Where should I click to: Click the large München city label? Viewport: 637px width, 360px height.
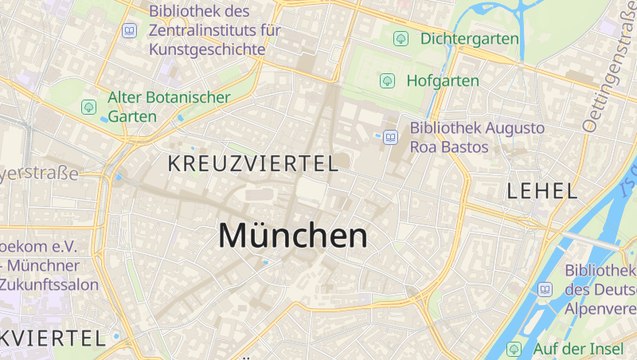click(293, 236)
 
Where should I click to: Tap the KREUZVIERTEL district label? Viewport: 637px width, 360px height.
click(253, 164)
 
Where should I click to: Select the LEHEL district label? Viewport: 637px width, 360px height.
click(542, 190)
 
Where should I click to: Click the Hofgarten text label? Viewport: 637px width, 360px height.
click(443, 80)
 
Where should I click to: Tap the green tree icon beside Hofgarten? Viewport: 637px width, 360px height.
click(387, 80)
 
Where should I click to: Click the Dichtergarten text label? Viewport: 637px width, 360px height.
click(469, 38)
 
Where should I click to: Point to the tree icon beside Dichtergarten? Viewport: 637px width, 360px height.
click(401, 38)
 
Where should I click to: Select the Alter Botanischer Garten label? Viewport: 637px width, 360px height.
click(169, 107)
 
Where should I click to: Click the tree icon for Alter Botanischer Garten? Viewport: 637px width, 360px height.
click(88, 107)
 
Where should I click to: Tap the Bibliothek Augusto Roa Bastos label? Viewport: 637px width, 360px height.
click(477, 137)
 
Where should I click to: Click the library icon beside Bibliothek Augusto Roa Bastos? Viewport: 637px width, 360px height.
click(390, 137)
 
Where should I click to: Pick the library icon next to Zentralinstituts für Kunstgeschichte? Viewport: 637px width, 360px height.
click(129, 31)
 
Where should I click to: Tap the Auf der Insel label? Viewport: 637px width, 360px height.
click(578, 349)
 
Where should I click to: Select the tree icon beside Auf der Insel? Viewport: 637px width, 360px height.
click(514, 349)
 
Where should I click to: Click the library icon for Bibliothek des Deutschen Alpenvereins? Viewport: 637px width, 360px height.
click(545, 289)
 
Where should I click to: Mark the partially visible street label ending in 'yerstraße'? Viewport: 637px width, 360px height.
click(40, 173)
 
